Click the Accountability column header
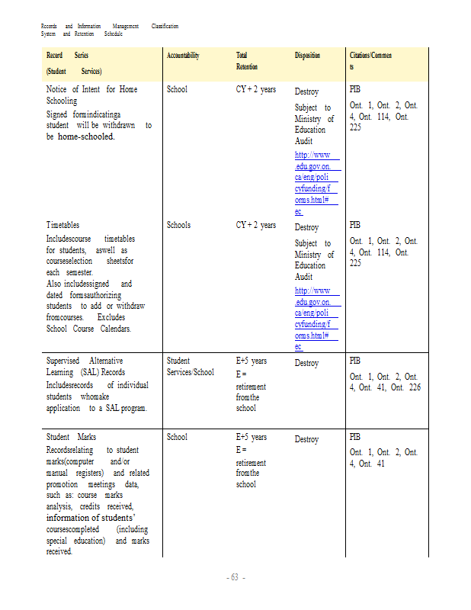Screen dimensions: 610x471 click(183, 56)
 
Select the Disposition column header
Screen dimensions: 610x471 click(307, 56)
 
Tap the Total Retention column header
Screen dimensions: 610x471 click(242, 61)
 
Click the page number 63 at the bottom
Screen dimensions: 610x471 click(235, 577)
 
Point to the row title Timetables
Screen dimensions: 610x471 click(62, 226)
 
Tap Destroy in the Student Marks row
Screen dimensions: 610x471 click(306, 440)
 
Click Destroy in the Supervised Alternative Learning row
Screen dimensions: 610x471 click(306, 364)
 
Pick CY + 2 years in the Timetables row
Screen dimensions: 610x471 click(256, 226)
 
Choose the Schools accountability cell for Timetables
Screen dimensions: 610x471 click(178, 226)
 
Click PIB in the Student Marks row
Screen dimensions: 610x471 click(355, 438)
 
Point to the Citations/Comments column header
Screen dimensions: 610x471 click(370, 61)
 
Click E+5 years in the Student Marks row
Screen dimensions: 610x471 click(252, 438)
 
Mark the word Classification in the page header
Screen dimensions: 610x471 click(165, 27)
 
